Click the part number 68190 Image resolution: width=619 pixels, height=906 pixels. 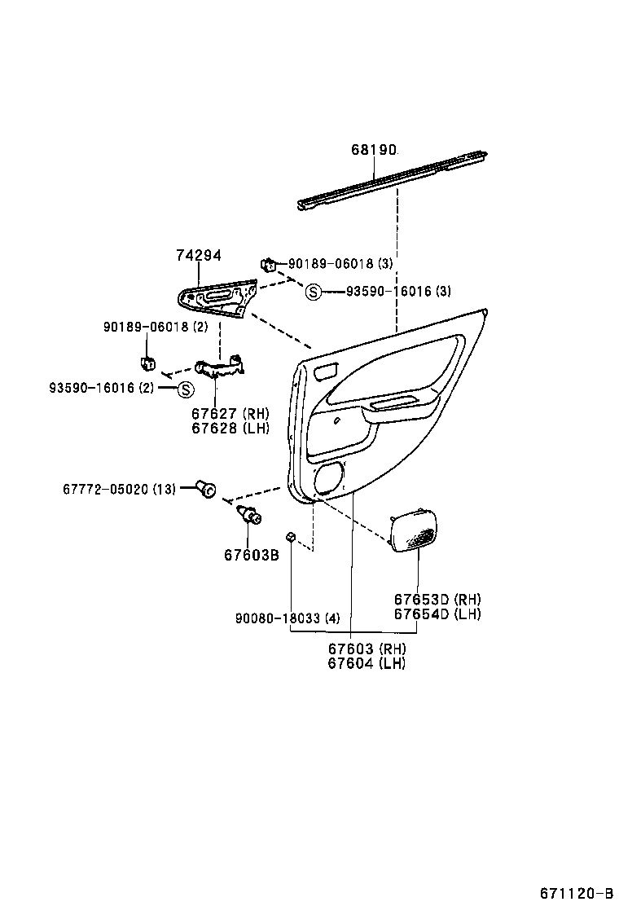click(374, 150)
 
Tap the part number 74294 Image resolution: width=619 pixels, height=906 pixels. click(199, 255)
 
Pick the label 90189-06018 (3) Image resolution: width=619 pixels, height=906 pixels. click(340, 264)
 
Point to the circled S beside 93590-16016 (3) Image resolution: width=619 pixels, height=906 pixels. click(314, 292)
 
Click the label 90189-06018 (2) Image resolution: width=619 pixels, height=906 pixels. click(156, 327)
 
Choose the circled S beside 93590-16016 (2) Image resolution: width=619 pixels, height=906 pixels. click(185, 389)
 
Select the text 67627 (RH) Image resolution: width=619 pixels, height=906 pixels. click(230, 413)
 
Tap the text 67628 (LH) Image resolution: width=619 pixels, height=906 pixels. click(230, 428)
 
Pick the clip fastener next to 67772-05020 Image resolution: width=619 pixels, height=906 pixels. click(205, 489)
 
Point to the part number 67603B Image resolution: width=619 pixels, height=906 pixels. click(252, 555)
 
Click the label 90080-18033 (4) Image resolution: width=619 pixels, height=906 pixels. click(288, 618)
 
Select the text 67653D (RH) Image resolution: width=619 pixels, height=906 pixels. click(437, 599)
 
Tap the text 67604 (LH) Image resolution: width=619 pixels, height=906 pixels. click(367, 663)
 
